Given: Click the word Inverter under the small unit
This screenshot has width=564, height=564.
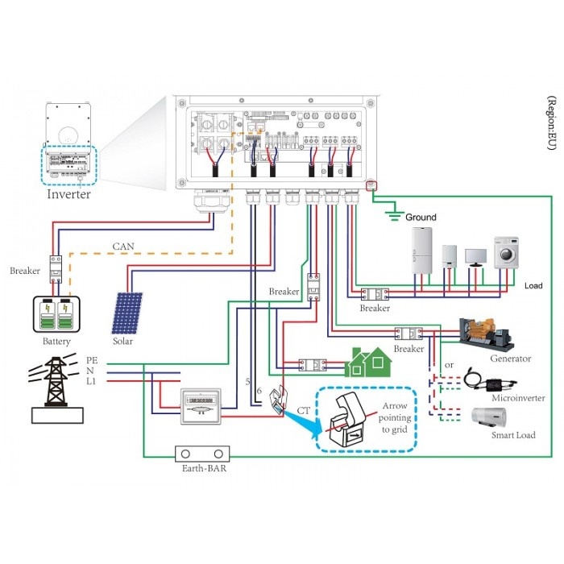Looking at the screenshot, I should click(x=68, y=194).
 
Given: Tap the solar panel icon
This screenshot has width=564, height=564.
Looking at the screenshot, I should click(x=128, y=313).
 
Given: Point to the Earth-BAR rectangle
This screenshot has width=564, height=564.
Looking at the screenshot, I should click(x=199, y=457).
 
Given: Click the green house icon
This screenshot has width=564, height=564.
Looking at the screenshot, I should click(x=367, y=363).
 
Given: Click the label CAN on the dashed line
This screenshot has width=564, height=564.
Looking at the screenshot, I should click(x=122, y=247).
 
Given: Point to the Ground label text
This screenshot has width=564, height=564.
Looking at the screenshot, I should click(x=420, y=218).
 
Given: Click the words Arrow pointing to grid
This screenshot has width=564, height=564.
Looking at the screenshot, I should click(x=394, y=418).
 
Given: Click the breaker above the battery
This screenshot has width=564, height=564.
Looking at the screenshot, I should click(x=56, y=269).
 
